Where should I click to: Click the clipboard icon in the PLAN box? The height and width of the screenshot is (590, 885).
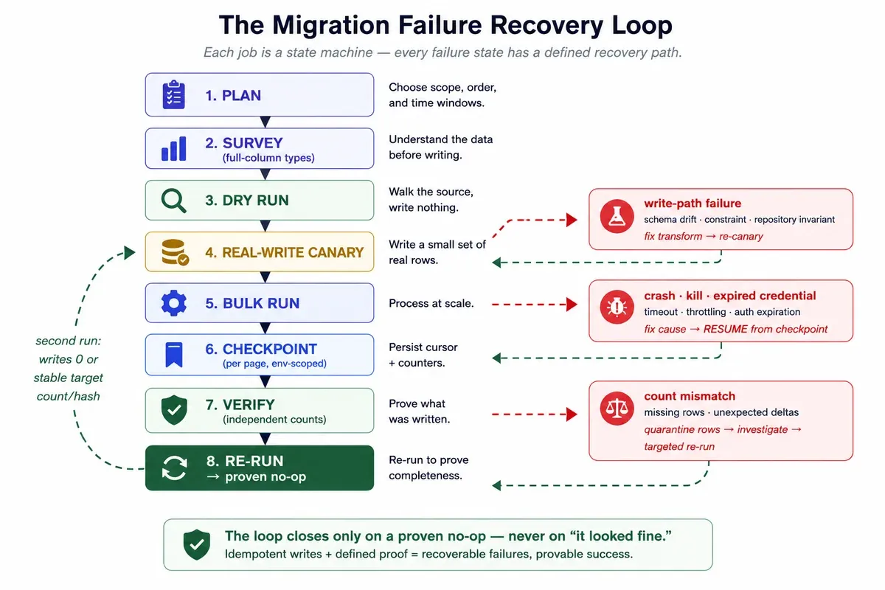174,94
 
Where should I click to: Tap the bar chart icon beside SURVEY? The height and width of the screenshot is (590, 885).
174,148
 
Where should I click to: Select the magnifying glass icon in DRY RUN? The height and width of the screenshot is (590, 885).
174,201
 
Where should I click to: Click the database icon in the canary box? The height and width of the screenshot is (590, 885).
175,252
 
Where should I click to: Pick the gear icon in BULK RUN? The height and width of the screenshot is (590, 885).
174,303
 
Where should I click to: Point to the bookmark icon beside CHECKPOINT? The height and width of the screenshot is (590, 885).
174,355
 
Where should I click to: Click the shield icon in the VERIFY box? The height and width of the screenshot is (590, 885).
174,410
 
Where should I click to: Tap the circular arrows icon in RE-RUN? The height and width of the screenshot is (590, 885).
174,468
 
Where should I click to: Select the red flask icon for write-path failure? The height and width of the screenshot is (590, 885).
617,217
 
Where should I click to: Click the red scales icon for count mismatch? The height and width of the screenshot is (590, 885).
617,409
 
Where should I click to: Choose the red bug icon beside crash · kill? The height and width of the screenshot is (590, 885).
617,307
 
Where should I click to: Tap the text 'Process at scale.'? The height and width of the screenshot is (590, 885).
431,304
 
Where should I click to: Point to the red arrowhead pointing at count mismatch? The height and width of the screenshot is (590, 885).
572,414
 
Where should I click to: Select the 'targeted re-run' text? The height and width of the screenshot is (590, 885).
679,446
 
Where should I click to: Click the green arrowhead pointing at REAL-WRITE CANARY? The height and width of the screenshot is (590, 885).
129,252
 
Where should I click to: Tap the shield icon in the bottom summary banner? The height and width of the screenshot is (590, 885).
196,544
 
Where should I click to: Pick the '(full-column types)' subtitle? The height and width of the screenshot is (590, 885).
268,158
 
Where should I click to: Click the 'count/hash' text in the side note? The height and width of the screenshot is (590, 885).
69,396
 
